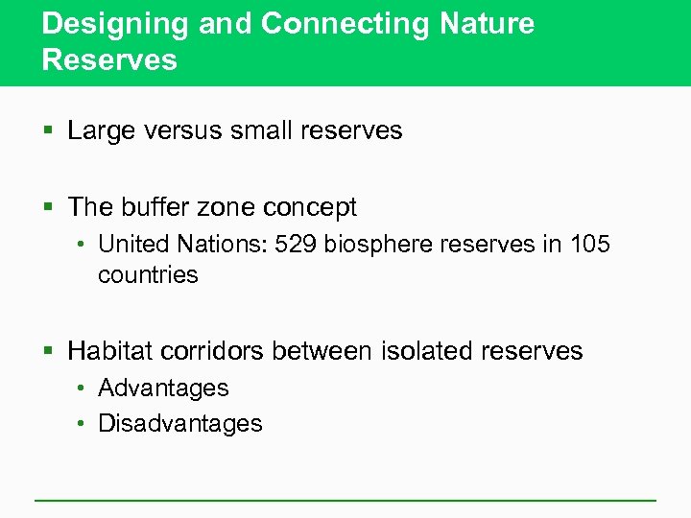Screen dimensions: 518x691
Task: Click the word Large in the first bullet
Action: coord(100,130)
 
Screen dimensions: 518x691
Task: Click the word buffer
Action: coord(152,207)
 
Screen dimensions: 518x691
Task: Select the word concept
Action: coord(308,207)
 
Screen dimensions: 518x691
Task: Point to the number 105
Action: coord(588,245)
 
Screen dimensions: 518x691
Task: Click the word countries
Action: coord(148,274)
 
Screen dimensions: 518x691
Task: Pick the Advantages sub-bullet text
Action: coord(163,388)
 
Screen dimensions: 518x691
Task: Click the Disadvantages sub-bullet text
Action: coord(179,423)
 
